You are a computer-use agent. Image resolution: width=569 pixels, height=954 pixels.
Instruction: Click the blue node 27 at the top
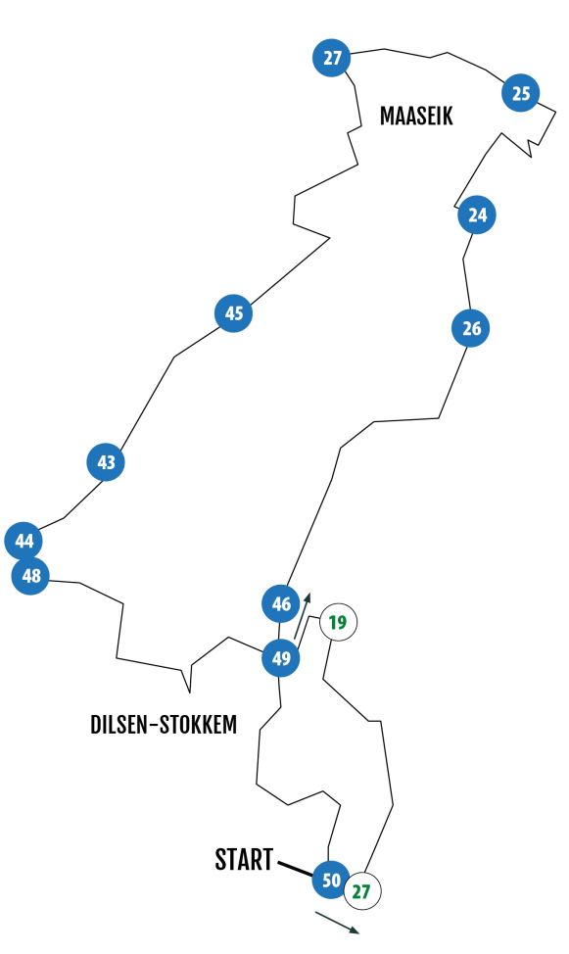click(x=332, y=58)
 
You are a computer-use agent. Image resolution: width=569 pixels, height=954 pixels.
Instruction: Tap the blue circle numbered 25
click(x=521, y=93)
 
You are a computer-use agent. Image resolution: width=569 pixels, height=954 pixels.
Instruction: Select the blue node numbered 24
click(x=477, y=215)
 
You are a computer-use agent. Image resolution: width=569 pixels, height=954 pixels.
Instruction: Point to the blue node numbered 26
click(x=471, y=328)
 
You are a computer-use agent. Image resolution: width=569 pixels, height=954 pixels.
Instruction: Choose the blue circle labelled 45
click(x=234, y=313)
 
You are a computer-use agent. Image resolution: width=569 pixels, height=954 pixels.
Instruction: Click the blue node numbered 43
click(x=106, y=462)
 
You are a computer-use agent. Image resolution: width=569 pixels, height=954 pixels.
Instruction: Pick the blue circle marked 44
click(x=24, y=541)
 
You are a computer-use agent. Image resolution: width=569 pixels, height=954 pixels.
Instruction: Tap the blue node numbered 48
click(x=30, y=576)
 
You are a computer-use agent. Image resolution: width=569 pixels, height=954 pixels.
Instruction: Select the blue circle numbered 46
click(x=281, y=603)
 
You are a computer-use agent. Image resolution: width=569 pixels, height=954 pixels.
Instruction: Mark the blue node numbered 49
click(x=281, y=657)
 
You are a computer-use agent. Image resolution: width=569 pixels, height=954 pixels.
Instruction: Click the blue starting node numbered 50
click(x=331, y=880)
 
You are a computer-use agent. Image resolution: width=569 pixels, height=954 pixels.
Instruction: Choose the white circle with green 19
click(x=338, y=622)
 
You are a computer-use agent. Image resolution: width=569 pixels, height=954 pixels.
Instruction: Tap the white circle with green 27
click(x=362, y=891)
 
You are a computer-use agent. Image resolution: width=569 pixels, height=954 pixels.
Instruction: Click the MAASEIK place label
click(x=416, y=116)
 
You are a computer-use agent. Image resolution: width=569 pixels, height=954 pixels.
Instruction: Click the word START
click(x=244, y=860)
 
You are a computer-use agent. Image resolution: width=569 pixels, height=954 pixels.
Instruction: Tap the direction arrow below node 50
click(x=337, y=922)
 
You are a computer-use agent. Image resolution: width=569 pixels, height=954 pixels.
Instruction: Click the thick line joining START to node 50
click(x=296, y=868)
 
